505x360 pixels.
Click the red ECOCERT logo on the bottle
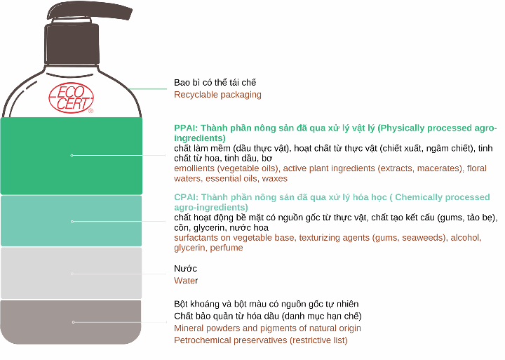pyautogui.click(x=71, y=98)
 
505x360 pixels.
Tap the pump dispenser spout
pyautogui.click(x=90, y=11)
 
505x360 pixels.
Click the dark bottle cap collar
pyautogui.click(x=71, y=44)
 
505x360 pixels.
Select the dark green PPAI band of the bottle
pyautogui.click(x=71, y=156)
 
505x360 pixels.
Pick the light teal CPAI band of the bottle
pyautogui.click(x=71, y=221)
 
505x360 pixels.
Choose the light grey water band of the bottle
pyautogui.click(x=71, y=273)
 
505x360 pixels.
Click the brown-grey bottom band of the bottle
pyautogui.click(x=71, y=322)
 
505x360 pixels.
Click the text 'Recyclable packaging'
pyautogui.click(x=217, y=95)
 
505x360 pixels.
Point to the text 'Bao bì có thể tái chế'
pyautogui.click(x=215, y=83)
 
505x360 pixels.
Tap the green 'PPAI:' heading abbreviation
pyautogui.click(x=186, y=128)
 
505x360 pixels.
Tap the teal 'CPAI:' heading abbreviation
pyautogui.click(x=186, y=197)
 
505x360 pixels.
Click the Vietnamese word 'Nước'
pyautogui.click(x=185, y=269)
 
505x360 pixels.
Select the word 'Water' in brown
pyautogui.click(x=186, y=281)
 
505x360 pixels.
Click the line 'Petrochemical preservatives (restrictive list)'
pyautogui.click(x=261, y=340)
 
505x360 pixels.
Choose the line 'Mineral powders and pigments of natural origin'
pyautogui.click(x=267, y=328)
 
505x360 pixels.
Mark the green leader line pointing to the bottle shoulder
pyautogui.click(x=147, y=88)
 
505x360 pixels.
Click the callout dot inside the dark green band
pyautogui.click(x=72, y=155)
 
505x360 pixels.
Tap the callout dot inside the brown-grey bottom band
pyautogui.click(x=74, y=322)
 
